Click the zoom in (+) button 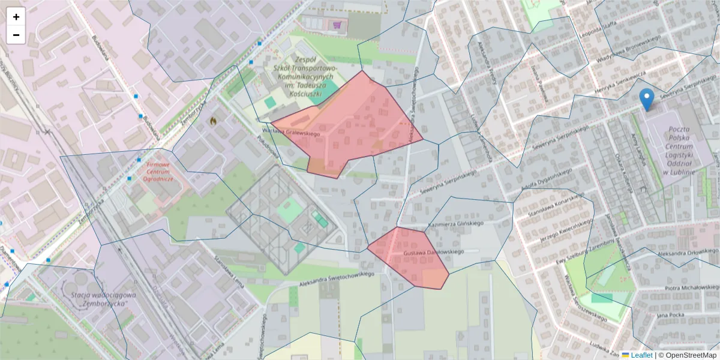[x=16, y=17]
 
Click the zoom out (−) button [x=16, y=35]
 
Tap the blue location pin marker [x=647, y=100]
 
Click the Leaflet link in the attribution [x=641, y=355]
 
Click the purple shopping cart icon [x=337, y=25]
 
